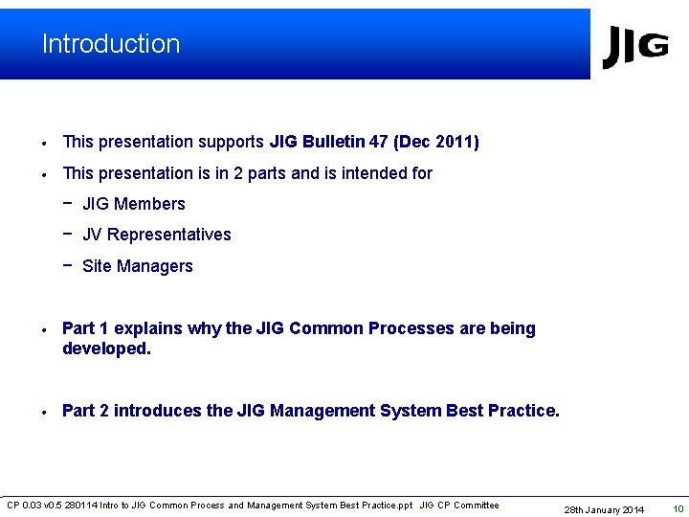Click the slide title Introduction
(x=111, y=44)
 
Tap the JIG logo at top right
(x=634, y=47)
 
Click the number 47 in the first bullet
(x=379, y=142)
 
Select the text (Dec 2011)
(x=436, y=142)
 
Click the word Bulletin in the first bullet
(x=333, y=142)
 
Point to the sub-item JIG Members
(x=134, y=204)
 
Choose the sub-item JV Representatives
(x=157, y=235)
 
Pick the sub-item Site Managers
(x=138, y=266)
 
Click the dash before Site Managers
(x=68, y=265)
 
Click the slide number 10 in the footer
(x=678, y=509)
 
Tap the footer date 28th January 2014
(x=604, y=509)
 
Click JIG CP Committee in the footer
(x=459, y=506)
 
